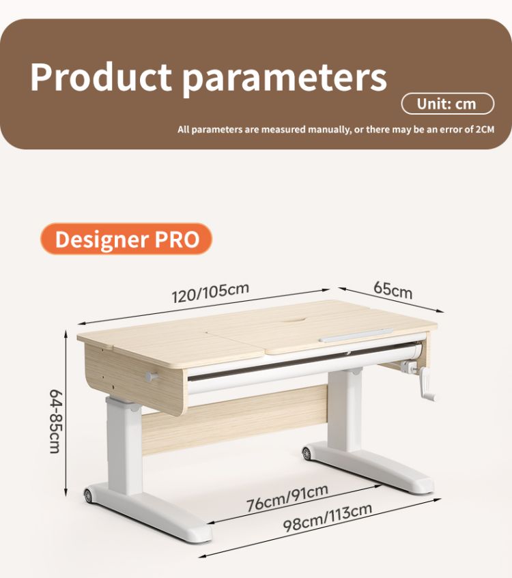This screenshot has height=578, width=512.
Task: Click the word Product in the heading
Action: coord(101,77)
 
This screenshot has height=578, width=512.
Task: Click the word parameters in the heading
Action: coord(285,79)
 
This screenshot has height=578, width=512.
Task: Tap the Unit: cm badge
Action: coord(447,104)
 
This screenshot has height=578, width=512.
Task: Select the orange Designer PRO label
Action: coord(126,239)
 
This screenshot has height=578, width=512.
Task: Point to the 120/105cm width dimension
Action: coord(211,293)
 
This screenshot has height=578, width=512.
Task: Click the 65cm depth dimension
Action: coord(393,290)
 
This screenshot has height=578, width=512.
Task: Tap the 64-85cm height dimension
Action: coord(56,421)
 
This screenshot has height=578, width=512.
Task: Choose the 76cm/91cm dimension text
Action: coord(287,497)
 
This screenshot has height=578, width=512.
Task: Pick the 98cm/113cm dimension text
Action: coord(328,518)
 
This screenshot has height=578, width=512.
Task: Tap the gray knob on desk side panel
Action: coord(152,377)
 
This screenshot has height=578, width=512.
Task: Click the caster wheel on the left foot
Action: coord(88,495)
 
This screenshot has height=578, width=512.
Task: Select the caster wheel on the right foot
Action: coord(306,453)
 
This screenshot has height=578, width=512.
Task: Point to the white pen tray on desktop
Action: coord(356,336)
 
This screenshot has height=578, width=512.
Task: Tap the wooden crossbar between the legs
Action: coord(235,420)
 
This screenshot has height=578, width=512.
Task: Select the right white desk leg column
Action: coord(345,410)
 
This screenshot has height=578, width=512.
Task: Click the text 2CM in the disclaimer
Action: coord(485,130)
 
